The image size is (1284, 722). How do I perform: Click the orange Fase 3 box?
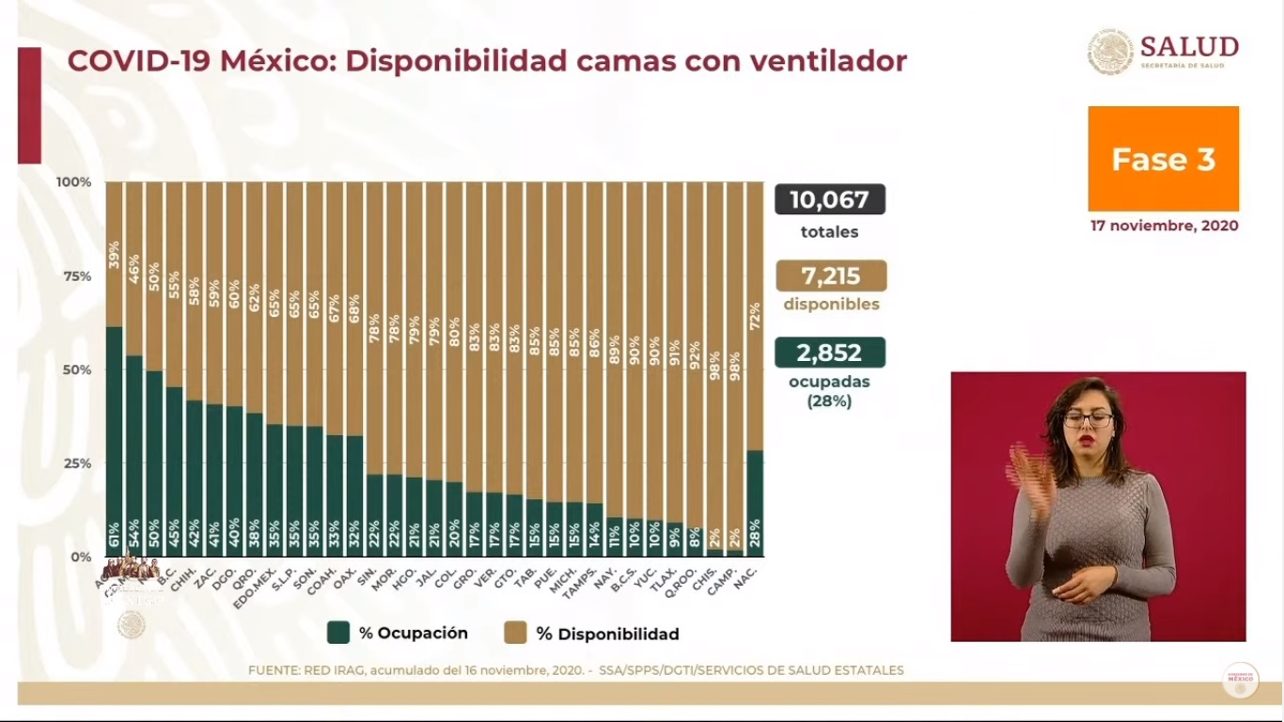coord(1163,159)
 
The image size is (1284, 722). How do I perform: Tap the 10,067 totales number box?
coord(829,200)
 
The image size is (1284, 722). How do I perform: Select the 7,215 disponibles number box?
coord(831,276)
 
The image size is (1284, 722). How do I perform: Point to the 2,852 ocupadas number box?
coord(829,353)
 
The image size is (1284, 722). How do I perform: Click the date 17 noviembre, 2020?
coord(1164,227)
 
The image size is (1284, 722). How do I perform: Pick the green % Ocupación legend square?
coord(338,633)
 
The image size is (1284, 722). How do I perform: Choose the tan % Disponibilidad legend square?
coord(515,633)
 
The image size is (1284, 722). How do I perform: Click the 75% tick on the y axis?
coord(76,275)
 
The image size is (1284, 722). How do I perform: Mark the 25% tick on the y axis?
coord(76,463)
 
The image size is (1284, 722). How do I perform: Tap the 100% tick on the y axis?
coord(74,181)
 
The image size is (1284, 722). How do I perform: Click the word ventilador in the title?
coord(828,61)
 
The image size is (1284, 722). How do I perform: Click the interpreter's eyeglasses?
coord(1088,419)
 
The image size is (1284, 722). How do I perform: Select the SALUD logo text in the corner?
coord(1189,47)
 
